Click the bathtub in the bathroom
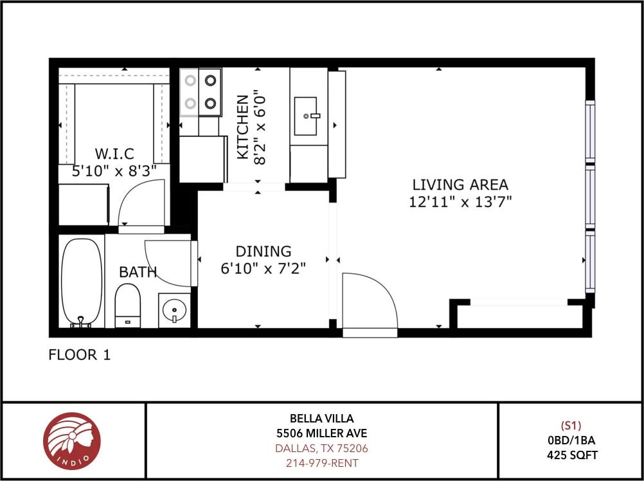coord(82,281)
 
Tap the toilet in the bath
coord(127,304)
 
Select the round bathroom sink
coord(174,310)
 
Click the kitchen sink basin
coord(306,116)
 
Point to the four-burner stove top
coord(201,92)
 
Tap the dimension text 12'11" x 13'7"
coord(460,202)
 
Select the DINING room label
coord(263,251)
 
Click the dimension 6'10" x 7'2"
coord(263,268)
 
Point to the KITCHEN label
coord(242,127)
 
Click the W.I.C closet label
coord(114,154)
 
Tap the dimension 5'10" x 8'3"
coord(114,171)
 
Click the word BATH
coord(138,272)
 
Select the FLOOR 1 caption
coord(80,355)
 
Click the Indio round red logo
coord(72,441)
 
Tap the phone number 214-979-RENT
coord(321,463)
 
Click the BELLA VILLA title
coord(321,419)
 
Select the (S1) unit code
coord(571,425)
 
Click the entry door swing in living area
coord(368,302)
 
